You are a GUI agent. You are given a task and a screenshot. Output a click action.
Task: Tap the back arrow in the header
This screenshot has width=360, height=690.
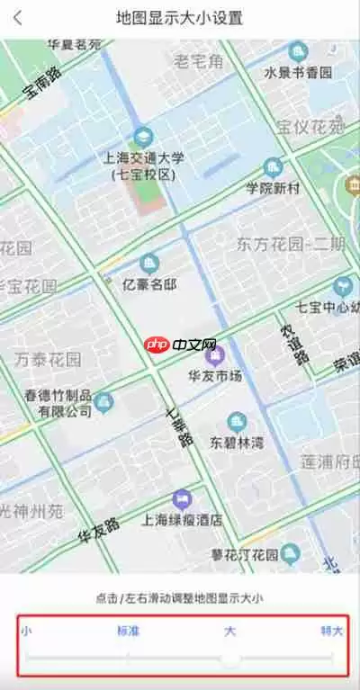click(x=18, y=18)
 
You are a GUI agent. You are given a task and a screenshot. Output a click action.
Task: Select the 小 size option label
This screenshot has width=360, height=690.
click(x=26, y=631)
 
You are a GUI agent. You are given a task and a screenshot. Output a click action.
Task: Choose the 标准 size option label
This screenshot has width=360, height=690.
click(x=129, y=631)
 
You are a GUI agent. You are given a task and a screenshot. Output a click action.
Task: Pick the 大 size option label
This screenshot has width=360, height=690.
click(x=230, y=631)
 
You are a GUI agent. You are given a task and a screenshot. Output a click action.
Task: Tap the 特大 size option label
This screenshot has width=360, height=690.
click(x=331, y=631)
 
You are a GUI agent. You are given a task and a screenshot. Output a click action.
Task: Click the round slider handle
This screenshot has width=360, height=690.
click(x=231, y=659)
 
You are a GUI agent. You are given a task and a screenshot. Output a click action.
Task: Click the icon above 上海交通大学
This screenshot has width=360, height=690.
click(x=142, y=137)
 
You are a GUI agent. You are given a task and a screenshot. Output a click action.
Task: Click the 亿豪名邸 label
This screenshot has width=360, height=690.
click(x=149, y=287)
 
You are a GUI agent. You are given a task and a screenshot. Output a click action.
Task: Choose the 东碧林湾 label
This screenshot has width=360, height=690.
click(x=237, y=442)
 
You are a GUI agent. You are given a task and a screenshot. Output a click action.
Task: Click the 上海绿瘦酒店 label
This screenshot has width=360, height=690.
click(x=183, y=520)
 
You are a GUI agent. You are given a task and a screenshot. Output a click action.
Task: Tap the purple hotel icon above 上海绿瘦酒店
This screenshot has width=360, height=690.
click(x=183, y=497)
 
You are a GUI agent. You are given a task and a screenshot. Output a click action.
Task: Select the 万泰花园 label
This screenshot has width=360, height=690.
click(x=48, y=360)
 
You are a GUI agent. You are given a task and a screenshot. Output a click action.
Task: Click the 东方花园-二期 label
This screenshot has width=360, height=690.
click(x=291, y=244)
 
